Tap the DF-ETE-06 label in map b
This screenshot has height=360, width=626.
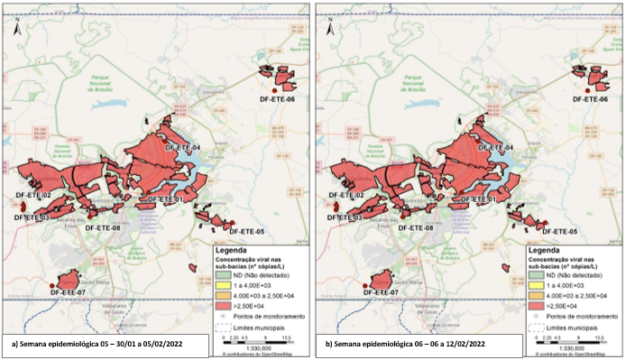click(603, 98)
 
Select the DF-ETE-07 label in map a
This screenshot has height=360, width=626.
click(68, 292)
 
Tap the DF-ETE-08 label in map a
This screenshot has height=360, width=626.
click(103, 228)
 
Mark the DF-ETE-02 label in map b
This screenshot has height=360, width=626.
click(346, 195)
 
